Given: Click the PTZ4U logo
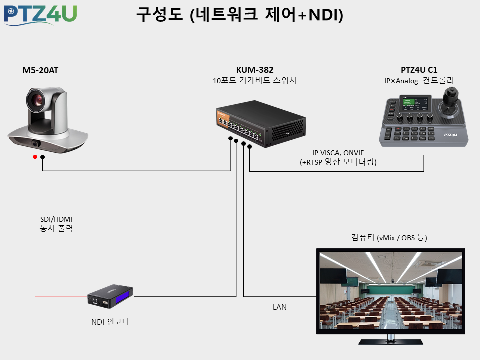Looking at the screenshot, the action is (x=40, y=15).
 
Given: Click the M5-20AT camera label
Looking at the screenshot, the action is (x=40, y=70).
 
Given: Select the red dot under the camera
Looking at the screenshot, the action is (x=35, y=157).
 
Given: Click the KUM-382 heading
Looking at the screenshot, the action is (x=255, y=70).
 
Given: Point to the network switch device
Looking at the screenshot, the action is (x=261, y=123).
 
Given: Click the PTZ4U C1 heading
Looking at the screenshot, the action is (x=419, y=70).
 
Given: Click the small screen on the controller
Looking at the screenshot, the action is (x=415, y=104).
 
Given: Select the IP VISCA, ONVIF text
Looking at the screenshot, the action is (x=338, y=153).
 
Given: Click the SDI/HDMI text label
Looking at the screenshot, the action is (x=56, y=219).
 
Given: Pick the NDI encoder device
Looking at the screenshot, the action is (x=110, y=296).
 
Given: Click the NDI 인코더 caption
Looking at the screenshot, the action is (x=110, y=322).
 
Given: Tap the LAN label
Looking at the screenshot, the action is (x=280, y=307).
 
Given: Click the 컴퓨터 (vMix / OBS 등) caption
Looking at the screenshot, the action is (x=389, y=237).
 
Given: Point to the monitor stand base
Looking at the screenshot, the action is (x=391, y=342).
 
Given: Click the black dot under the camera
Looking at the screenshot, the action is (x=43, y=157).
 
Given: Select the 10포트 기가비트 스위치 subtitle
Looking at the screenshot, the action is (x=254, y=80).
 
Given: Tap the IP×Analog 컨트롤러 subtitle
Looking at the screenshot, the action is (x=419, y=81).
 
